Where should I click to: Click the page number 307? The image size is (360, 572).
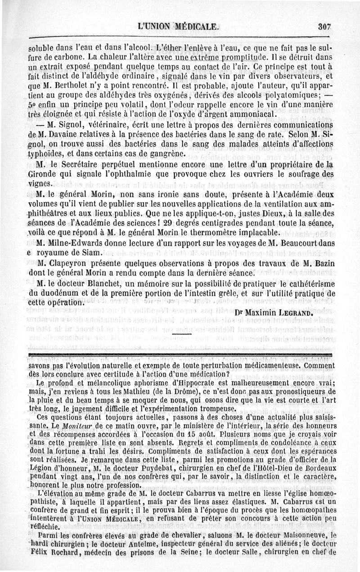click(x=324, y=27)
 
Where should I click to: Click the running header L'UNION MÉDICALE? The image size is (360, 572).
click(x=180, y=27)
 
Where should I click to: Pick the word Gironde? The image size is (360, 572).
click(x=41, y=174)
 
